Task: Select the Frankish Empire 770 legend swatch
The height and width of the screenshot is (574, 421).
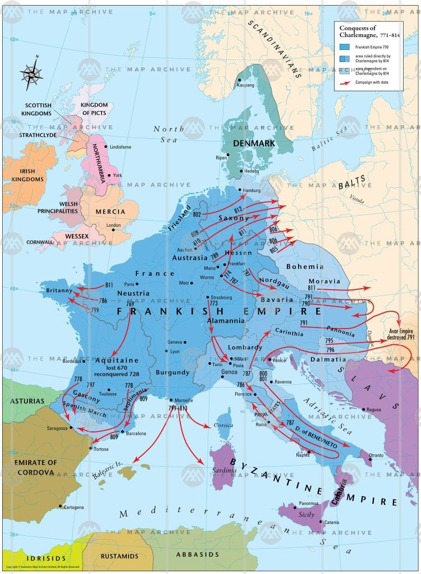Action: (345, 46)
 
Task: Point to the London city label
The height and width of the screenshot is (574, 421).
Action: (113, 225)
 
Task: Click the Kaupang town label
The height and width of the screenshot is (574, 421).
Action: (245, 85)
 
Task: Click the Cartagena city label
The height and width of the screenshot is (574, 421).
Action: (74, 507)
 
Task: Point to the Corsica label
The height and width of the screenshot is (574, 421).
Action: (223, 425)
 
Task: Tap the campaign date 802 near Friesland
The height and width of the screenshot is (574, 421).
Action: (197, 215)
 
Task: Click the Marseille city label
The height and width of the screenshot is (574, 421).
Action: (185, 400)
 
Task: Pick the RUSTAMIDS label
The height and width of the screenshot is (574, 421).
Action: (120, 555)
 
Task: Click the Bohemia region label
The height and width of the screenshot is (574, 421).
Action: (305, 266)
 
